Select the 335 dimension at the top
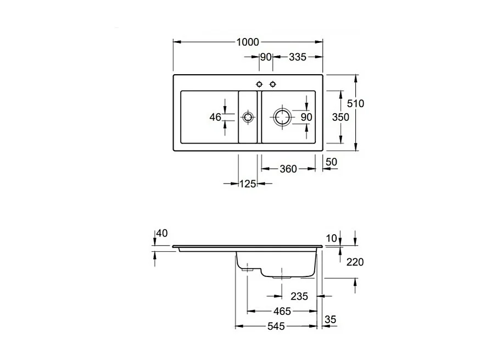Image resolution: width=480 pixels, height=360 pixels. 297,57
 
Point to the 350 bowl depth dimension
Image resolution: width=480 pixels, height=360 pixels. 341,117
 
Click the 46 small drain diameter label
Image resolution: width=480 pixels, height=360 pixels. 215,117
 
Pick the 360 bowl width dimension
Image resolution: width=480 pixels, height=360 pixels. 288,169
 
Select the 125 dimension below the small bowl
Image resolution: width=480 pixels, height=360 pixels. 248,184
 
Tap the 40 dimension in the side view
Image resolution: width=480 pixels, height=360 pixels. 161,234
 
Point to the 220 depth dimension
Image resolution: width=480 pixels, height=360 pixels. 355,262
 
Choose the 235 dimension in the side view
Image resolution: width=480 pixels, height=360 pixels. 299,296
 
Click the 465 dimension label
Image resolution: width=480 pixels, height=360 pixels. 282,312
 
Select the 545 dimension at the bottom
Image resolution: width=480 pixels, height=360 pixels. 276,326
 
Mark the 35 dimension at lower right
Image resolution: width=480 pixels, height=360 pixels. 330,319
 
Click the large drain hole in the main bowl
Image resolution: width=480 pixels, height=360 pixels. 282,117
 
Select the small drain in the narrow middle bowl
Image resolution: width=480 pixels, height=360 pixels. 248,117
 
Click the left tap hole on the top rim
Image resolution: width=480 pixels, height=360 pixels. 260,84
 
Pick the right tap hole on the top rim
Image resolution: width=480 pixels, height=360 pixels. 272,84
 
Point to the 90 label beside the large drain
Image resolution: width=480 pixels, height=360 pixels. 306,117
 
